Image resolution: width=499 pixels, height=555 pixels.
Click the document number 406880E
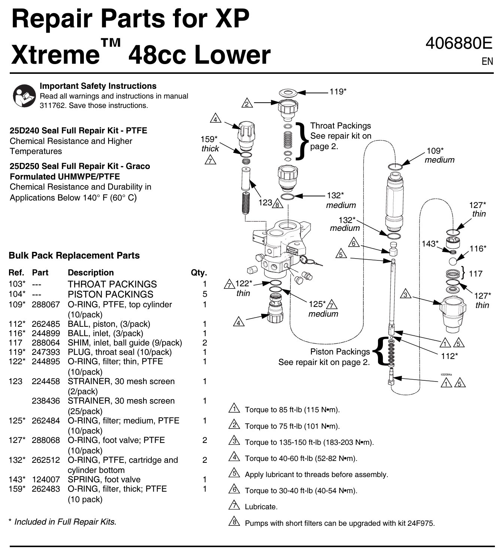(x=459, y=44)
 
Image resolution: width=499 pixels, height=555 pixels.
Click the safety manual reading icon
(x=24, y=96)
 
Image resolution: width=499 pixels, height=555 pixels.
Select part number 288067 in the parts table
(x=45, y=305)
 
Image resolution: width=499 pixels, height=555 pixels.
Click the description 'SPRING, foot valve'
(x=104, y=480)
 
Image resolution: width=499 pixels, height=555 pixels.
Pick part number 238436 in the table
(x=45, y=401)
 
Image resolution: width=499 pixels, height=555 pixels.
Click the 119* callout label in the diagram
(x=338, y=91)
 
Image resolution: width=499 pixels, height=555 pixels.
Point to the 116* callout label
(x=478, y=248)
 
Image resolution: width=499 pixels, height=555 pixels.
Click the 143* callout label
(x=430, y=244)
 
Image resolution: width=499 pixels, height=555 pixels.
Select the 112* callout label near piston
(x=449, y=356)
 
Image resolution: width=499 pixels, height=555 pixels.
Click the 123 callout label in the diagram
(x=265, y=203)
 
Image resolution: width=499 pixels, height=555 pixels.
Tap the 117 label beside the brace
(x=475, y=274)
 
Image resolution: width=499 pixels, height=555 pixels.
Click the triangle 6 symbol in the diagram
(x=353, y=243)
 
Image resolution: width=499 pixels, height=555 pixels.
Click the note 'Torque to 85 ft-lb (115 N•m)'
(x=292, y=410)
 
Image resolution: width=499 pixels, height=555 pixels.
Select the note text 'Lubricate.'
(x=261, y=507)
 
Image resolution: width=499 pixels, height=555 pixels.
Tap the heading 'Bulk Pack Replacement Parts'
(x=74, y=256)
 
